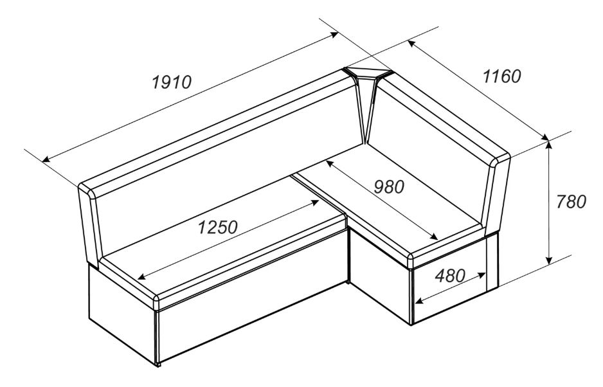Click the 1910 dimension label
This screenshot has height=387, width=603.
[172, 82]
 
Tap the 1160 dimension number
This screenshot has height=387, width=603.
[502, 76]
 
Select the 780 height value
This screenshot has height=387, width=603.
[571, 202]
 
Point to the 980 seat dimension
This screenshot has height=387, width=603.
[389, 187]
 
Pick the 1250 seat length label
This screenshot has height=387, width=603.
[218, 228]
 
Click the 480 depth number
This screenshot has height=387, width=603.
[451, 275]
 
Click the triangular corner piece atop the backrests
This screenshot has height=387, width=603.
[367, 73]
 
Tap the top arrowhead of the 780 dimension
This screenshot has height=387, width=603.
[549, 145]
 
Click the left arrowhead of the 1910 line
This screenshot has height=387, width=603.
[46, 159]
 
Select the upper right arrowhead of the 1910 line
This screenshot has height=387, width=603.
[334, 35]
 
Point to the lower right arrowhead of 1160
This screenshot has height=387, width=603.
[544, 138]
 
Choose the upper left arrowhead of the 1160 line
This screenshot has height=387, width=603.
[411, 44]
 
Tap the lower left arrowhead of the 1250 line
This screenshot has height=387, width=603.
[142, 276]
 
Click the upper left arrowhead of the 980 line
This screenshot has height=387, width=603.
[330, 164]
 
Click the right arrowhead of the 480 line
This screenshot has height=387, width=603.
[481, 275]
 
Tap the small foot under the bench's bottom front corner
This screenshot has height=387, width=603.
[157, 364]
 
